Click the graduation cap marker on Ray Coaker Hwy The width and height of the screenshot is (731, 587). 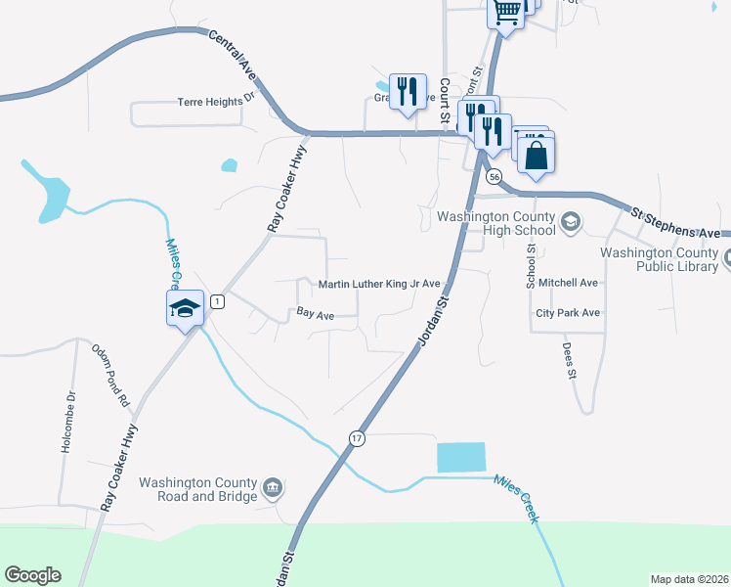[184, 309]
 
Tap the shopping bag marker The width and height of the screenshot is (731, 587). [536, 155]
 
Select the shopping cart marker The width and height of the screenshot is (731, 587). [505, 13]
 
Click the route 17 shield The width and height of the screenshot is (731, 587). [357, 439]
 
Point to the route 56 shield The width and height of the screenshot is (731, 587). [494, 177]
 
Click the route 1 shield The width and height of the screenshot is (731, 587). [217, 301]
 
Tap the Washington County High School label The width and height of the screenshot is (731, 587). [496, 224]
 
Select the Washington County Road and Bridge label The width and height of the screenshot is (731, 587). [198, 488]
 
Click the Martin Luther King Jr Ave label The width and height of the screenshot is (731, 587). [380, 285]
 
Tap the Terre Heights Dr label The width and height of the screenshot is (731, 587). [215, 101]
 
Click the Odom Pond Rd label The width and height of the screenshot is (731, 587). [110, 375]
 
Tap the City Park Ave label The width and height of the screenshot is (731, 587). [568, 314]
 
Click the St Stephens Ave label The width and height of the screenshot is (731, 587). [676, 222]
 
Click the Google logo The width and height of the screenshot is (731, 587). [32, 575]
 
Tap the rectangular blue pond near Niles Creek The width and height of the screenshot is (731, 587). [459, 457]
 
